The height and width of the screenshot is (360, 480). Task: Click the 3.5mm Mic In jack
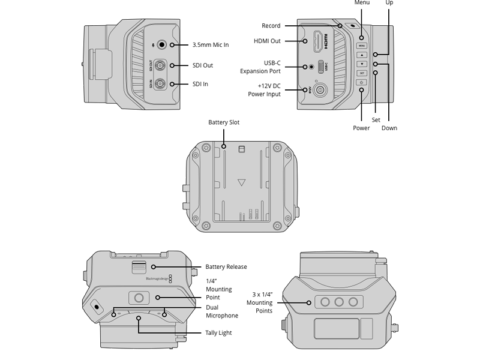tap(161, 45)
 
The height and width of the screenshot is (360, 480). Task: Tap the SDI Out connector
tap(160, 65)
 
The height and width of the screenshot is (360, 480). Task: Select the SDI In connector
tap(160, 84)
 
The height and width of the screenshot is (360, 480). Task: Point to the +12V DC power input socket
tap(320, 91)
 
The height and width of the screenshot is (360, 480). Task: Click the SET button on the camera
tap(362, 73)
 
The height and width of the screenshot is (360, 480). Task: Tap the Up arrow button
tap(362, 55)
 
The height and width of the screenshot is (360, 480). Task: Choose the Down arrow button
tap(362, 64)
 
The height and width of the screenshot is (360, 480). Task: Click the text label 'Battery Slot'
tap(224, 122)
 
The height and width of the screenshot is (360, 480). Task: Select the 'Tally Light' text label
tap(218, 333)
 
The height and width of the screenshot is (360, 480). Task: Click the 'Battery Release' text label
tap(226, 267)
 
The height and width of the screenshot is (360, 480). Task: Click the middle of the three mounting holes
tap(339, 302)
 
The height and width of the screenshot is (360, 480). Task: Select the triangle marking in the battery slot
tap(241, 184)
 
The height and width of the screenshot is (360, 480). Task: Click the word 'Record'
tap(271, 26)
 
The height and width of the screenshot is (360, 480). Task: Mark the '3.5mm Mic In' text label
tap(211, 45)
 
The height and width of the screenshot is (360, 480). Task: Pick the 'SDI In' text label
tap(200, 84)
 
